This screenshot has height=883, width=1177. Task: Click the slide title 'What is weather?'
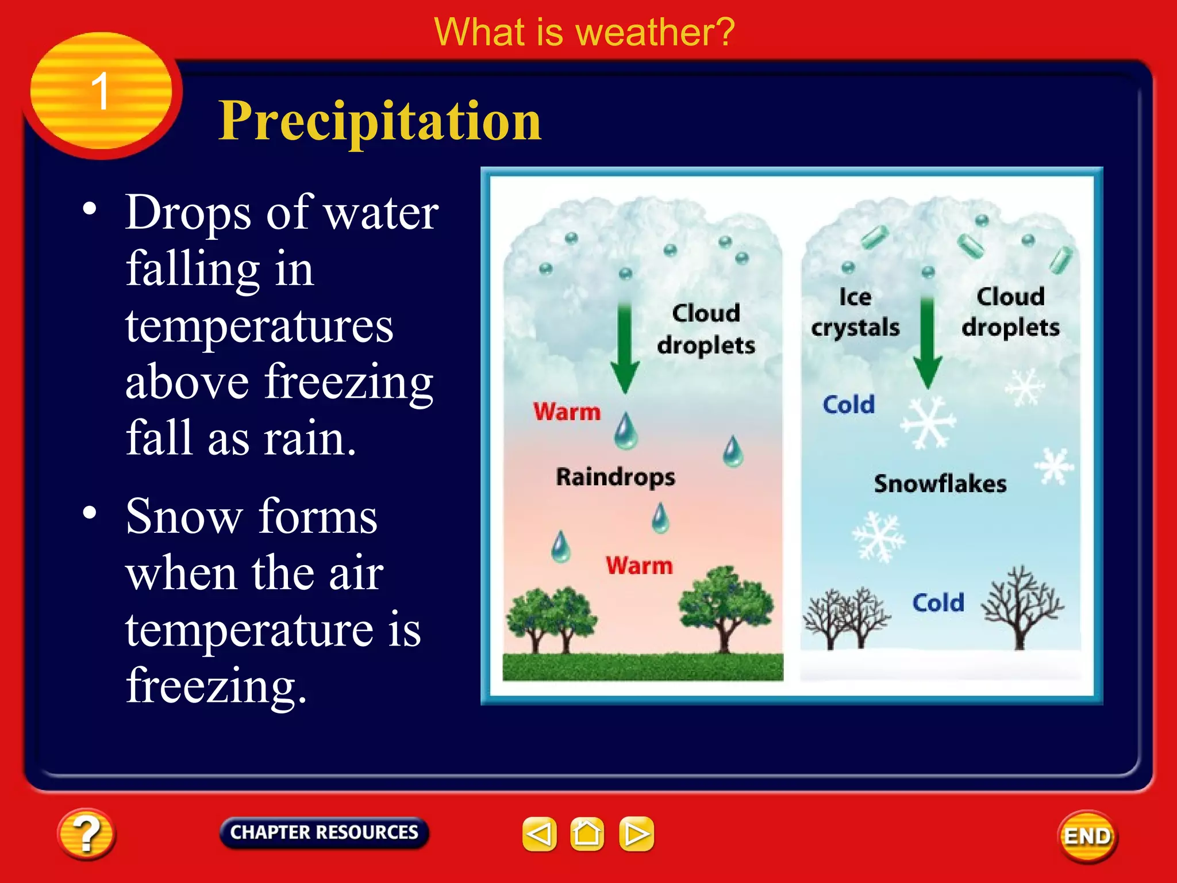584,32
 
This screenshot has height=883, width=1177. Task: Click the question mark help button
86,834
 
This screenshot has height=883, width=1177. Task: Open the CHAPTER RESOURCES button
324,832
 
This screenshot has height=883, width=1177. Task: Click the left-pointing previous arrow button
539,834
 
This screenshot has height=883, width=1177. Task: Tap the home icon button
587,834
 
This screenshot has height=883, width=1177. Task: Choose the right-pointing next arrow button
636,834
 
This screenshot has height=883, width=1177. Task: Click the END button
1087,836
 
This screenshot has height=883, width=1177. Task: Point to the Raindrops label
616,477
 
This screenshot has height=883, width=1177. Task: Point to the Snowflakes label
940,484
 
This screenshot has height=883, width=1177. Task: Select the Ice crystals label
855,312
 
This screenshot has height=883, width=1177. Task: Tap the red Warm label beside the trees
639,566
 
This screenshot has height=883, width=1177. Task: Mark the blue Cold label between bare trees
938,603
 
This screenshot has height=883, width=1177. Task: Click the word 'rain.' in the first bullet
310,438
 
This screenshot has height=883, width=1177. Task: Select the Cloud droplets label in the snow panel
1010,312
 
